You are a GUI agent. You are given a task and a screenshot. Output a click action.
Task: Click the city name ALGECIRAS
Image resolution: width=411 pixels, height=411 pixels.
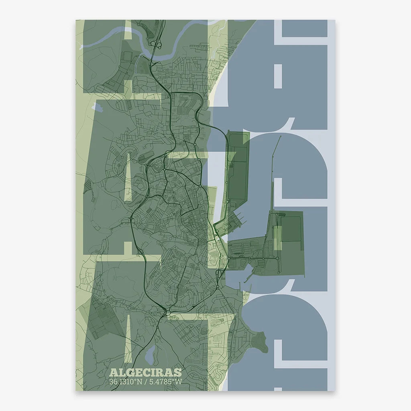[145, 373]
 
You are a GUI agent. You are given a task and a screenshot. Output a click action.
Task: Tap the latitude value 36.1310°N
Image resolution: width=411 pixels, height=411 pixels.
[124, 382]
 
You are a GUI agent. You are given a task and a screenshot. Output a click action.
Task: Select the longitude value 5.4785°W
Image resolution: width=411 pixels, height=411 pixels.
[165, 382]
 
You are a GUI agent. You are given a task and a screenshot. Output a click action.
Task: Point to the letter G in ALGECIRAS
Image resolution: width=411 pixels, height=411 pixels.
[128, 373]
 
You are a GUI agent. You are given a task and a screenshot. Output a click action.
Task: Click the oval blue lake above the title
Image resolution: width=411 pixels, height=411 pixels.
[149, 355]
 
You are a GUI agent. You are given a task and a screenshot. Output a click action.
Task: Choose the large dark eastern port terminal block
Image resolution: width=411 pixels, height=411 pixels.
[291, 241]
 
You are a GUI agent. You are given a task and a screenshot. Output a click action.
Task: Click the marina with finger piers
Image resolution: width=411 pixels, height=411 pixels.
[239, 220]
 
